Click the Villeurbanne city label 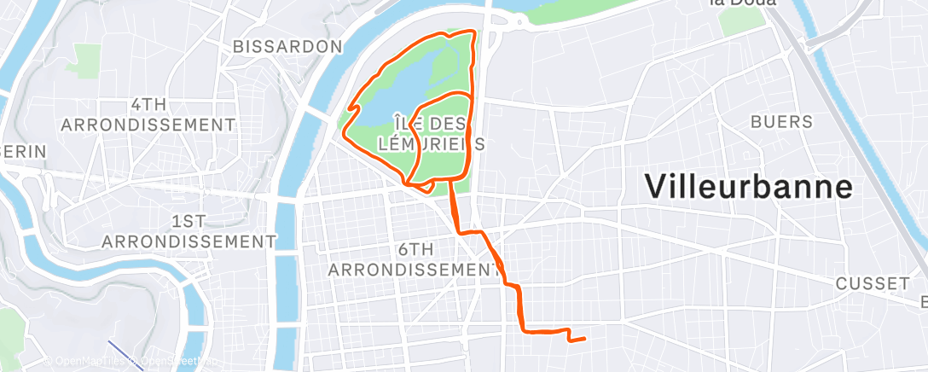click(x=749, y=186)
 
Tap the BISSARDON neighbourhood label click(x=287, y=46)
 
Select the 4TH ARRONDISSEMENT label click(x=148, y=114)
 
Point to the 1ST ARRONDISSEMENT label click(x=188, y=231)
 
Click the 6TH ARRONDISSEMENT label click(x=415, y=259)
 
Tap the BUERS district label click(x=781, y=122)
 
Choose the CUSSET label click(x=873, y=282)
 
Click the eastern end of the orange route click(x=584, y=340)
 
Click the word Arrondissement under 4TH click(x=148, y=125)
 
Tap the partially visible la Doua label click(x=742, y=3)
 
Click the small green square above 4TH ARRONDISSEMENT click(x=87, y=56)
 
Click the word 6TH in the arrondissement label click(x=416, y=249)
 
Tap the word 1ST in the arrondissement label click(x=188, y=221)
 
